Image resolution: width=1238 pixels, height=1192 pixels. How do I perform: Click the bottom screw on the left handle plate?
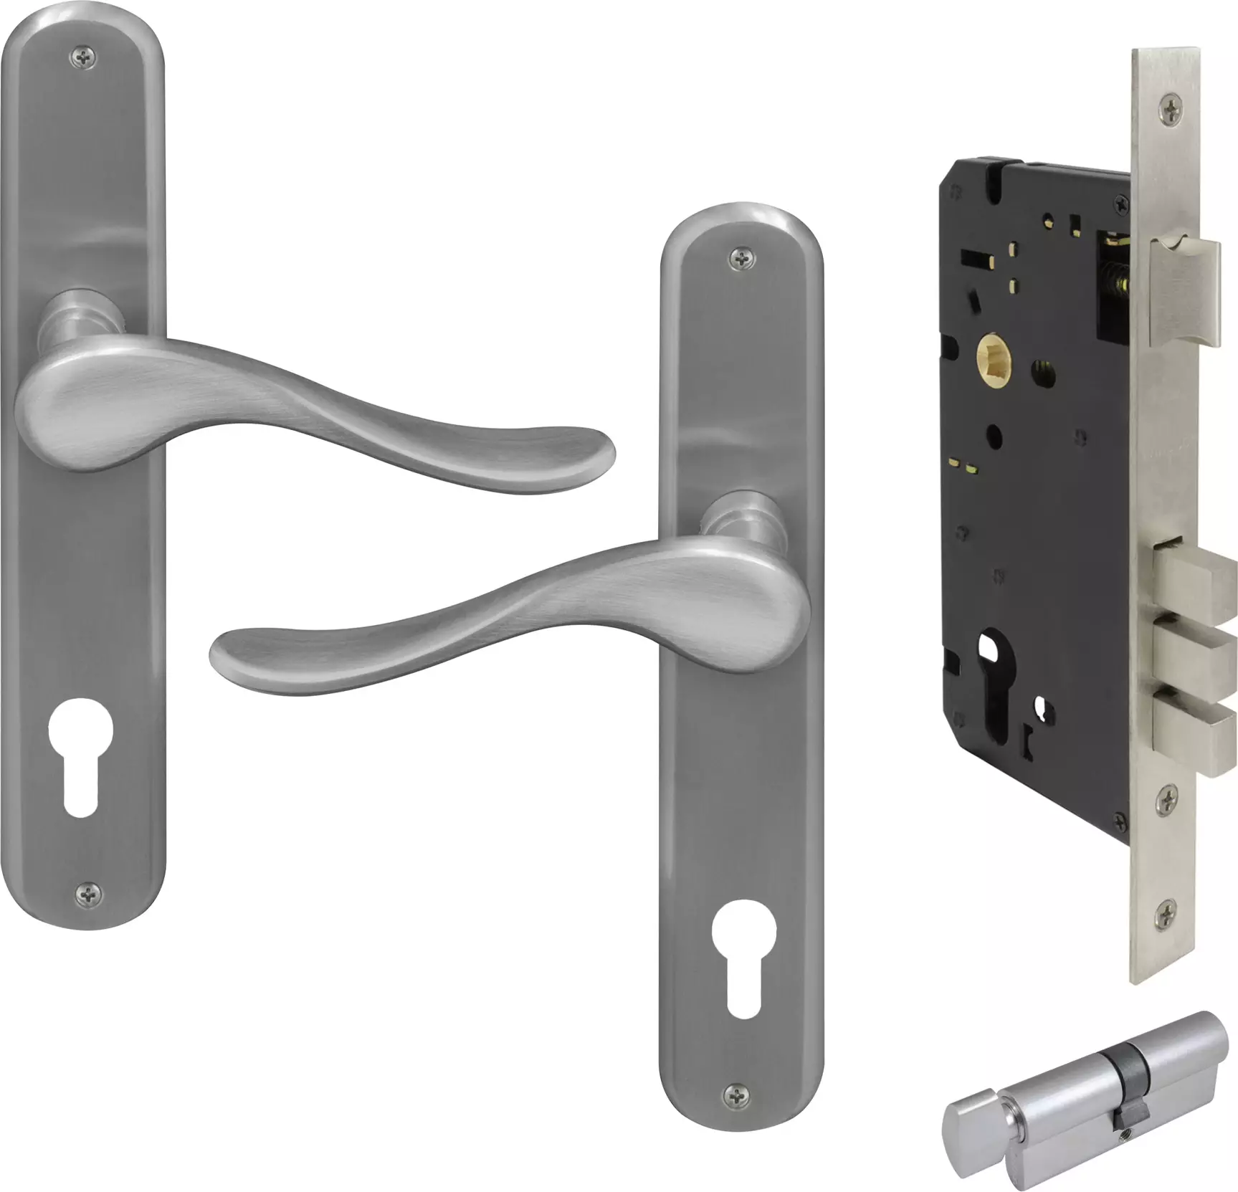[x=88, y=892]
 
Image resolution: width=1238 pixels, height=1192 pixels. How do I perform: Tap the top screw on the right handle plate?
[x=741, y=259]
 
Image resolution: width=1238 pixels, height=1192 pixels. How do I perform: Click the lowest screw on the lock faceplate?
[x=1167, y=912]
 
